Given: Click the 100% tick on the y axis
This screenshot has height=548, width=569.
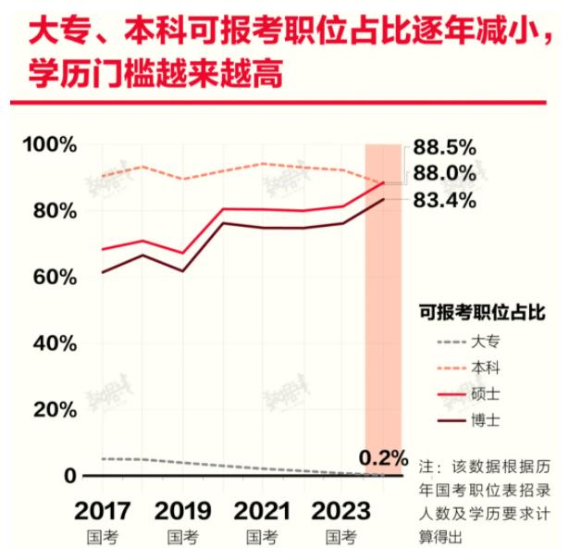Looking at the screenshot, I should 49,145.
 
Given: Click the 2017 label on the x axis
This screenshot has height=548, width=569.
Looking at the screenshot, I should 103,511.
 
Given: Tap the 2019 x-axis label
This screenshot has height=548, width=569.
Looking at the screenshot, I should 182,511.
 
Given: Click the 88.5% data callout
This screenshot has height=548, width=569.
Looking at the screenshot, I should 444,147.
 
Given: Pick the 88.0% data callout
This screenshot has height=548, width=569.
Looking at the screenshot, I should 444,173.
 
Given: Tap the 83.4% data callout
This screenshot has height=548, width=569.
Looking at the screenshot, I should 444,200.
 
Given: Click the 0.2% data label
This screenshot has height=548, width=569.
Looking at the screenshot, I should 383,457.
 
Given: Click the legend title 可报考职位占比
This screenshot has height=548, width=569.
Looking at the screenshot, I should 482,313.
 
